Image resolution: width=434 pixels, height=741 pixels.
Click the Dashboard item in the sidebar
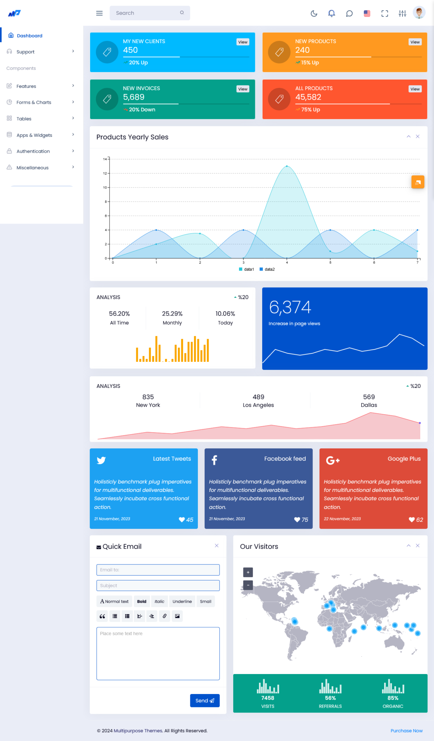[x=29, y=35]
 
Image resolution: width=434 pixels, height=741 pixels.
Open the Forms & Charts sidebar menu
[x=34, y=102]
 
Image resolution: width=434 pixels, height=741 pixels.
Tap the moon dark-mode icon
[x=314, y=14]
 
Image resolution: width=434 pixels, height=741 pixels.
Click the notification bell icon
[x=331, y=14]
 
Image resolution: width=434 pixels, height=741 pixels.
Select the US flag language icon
[x=367, y=14]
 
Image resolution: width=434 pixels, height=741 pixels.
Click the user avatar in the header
[x=419, y=13]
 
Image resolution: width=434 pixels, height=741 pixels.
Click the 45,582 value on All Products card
[x=308, y=97]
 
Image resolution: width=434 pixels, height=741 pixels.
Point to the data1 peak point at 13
[x=287, y=166]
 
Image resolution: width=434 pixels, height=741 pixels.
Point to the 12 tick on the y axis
[x=105, y=173]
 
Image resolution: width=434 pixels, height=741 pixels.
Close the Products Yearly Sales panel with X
[x=418, y=136]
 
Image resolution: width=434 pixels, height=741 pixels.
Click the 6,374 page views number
[x=290, y=308]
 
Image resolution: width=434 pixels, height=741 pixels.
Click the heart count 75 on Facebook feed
[x=301, y=520]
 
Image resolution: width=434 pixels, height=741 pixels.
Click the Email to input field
[x=158, y=570]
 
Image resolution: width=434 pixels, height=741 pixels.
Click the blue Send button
[x=205, y=700]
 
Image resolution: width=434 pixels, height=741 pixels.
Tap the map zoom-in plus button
[x=248, y=572]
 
